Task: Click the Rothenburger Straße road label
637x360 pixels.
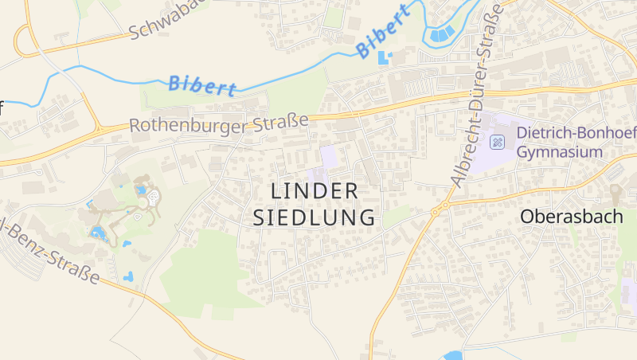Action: click(x=219, y=124)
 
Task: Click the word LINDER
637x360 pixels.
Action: click(x=315, y=191)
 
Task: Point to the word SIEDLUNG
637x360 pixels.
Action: click(x=315, y=217)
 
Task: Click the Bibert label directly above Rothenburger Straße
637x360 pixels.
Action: click(x=202, y=84)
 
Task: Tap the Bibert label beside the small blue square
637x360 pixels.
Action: click(x=383, y=32)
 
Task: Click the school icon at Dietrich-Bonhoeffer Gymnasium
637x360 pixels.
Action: click(x=498, y=143)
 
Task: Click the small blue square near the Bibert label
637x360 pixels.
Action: click(x=385, y=57)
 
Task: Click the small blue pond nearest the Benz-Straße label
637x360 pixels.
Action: click(x=127, y=277)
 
